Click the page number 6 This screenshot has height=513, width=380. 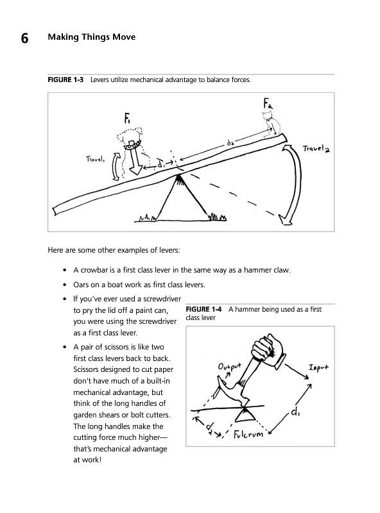pyautogui.click(x=24, y=38)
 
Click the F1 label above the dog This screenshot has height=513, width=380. pyautogui.click(x=128, y=118)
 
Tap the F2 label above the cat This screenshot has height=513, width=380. pyautogui.click(x=268, y=103)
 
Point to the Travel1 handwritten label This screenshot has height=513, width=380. pyautogui.click(x=96, y=159)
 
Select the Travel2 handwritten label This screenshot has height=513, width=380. pyautogui.click(x=316, y=149)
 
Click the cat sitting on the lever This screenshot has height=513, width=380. pyautogui.click(x=272, y=122)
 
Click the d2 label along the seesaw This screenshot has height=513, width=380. pyautogui.click(x=230, y=143)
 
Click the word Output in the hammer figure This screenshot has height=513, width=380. pyautogui.click(x=229, y=366)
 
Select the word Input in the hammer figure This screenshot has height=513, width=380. pyautogui.click(x=318, y=367)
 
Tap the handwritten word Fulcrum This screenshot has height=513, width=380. pyautogui.click(x=248, y=434)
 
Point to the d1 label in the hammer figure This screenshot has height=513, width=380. pyautogui.click(x=295, y=412)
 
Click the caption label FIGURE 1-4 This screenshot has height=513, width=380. pyautogui.click(x=203, y=309)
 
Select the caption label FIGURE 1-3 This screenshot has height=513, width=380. pyautogui.click(x=65, y=80)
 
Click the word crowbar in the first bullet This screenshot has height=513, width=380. pyautogui.click(x=94, y=270)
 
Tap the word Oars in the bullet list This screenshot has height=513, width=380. pyautogui.click(x=81, y=285)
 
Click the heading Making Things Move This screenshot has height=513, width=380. pyautogui.click(x=92, y=37)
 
